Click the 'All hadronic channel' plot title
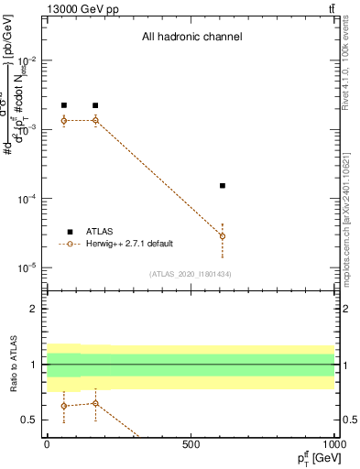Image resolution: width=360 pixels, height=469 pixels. click(191, 38)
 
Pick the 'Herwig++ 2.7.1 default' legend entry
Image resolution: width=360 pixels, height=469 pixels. click(129, 244)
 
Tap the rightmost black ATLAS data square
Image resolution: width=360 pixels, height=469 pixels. click(223, 186)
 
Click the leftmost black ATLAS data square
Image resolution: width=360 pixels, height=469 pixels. click(63, 105)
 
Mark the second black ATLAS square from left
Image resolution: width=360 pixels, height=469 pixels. click(95, 105)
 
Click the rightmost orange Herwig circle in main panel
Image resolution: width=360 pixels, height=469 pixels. click(223, 236)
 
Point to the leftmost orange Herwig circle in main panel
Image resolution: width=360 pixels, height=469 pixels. click(63, 120)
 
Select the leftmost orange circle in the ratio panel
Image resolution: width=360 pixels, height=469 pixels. click(63, 406)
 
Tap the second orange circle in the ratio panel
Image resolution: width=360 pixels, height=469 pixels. click(95, 403)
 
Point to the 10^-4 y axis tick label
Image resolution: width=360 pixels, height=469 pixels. click(27, 199)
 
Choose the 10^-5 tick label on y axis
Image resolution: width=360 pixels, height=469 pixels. click(27, 267)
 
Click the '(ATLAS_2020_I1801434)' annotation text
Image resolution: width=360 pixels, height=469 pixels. click(191, 274)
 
